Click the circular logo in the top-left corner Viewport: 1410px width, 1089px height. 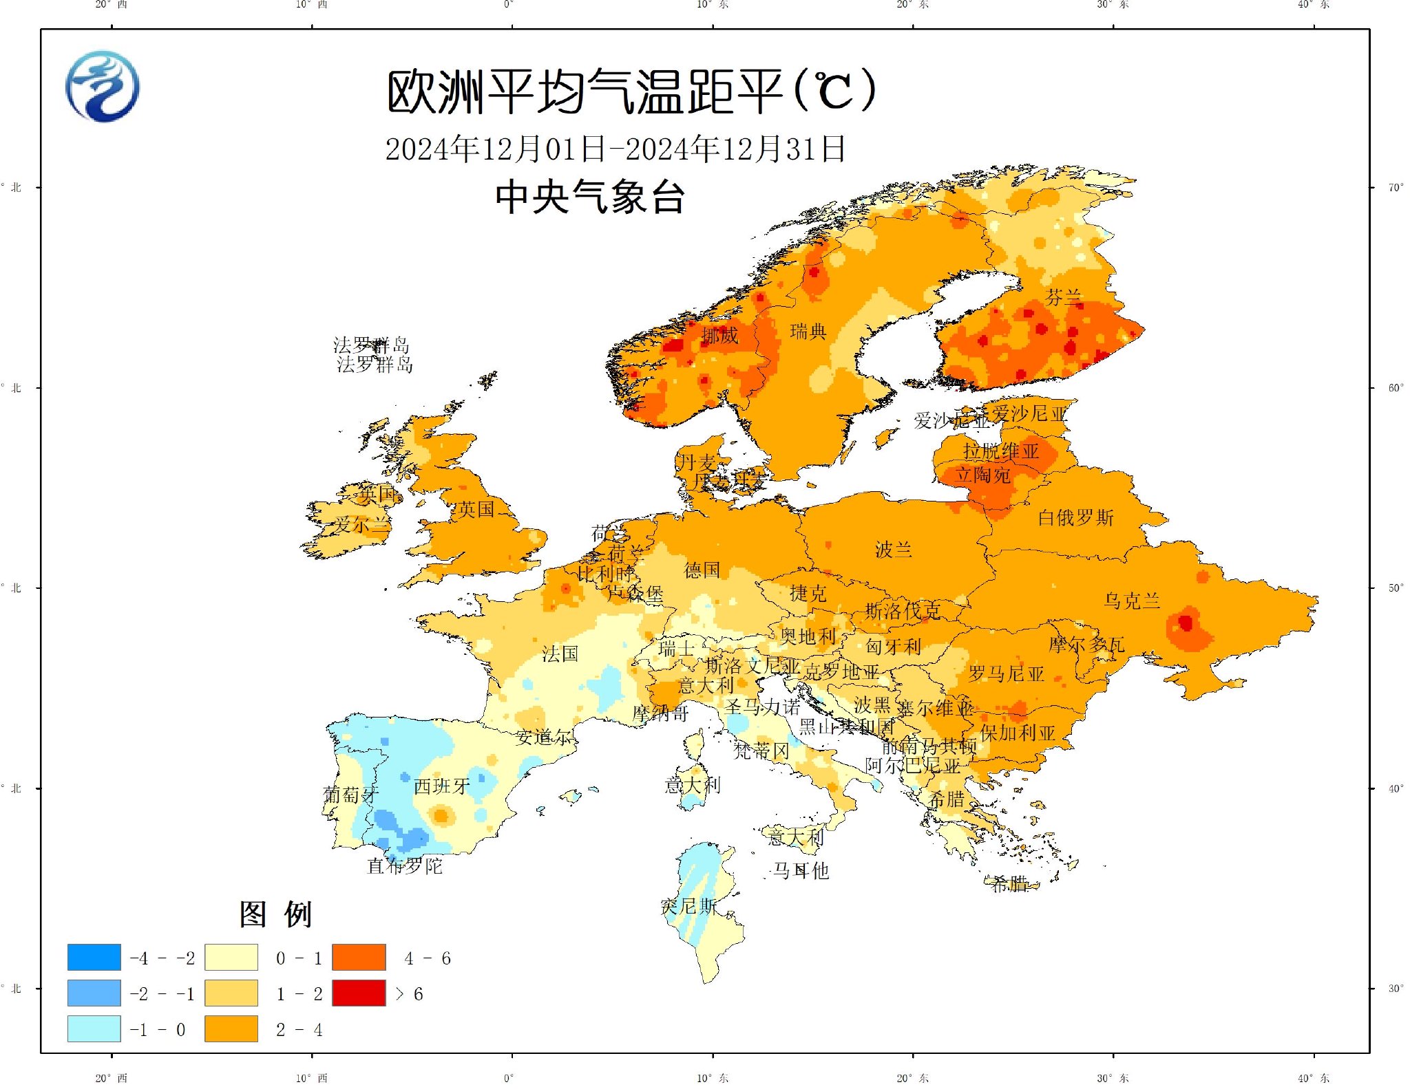103,87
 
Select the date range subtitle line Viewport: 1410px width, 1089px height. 615,149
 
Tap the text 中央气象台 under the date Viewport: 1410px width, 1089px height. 590,197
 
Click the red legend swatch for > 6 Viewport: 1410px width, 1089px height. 359,993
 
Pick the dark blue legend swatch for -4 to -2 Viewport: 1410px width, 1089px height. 94,957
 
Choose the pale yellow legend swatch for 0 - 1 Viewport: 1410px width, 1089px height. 231,957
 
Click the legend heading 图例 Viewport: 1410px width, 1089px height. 276,914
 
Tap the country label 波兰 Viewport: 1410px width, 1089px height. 893,550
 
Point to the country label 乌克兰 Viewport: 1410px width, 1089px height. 1131,601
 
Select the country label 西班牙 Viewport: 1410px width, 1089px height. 441,786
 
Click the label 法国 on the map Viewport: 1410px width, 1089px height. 560,654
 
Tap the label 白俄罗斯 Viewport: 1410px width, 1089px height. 1075,517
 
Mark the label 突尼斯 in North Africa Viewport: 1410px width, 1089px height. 688,906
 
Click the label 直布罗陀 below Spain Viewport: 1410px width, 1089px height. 405,865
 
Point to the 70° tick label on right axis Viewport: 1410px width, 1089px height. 1395,187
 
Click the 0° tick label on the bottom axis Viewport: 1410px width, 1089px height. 508,1078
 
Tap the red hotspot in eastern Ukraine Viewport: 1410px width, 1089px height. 1185,623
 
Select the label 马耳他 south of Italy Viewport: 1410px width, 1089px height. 800,871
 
